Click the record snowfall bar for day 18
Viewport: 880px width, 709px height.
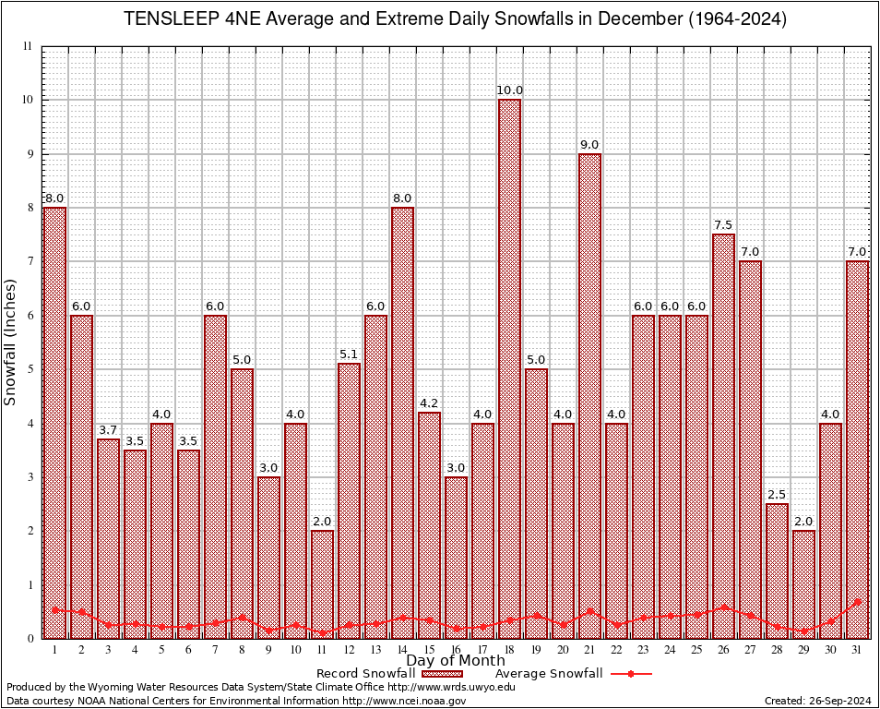509,369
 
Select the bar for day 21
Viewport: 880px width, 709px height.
589,397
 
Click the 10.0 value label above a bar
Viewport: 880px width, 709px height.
510,90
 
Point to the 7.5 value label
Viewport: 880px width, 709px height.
723,225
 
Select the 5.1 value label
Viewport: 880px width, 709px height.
349,354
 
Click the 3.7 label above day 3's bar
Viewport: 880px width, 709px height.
108,430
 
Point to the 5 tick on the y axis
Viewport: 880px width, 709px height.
29,369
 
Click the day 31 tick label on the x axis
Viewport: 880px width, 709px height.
858,650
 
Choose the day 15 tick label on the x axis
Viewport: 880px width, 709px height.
429,650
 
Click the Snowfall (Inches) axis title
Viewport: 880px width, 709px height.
11,342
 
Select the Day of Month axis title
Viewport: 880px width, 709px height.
456,661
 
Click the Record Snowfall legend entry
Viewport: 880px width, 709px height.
365,674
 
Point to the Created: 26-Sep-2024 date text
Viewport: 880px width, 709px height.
817,701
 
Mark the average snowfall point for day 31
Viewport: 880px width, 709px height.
858,601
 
